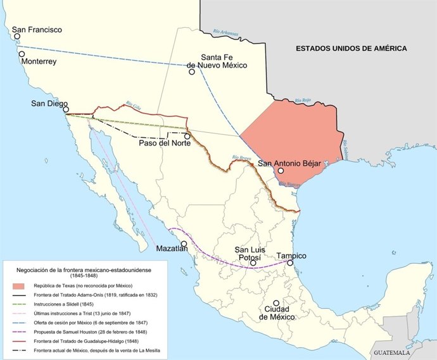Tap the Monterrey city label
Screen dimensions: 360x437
(39, 63)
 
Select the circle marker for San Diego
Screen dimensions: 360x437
(65, 109)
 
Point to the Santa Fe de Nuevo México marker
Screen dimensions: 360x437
(192, 71)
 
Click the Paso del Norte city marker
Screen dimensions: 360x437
(187, 135)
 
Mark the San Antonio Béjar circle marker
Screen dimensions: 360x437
(281, 170)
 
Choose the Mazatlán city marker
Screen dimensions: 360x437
(184, 244)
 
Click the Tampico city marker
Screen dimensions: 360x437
(290, 263)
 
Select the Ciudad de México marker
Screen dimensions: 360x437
(275, 303)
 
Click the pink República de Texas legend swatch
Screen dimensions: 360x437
(20, 287)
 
